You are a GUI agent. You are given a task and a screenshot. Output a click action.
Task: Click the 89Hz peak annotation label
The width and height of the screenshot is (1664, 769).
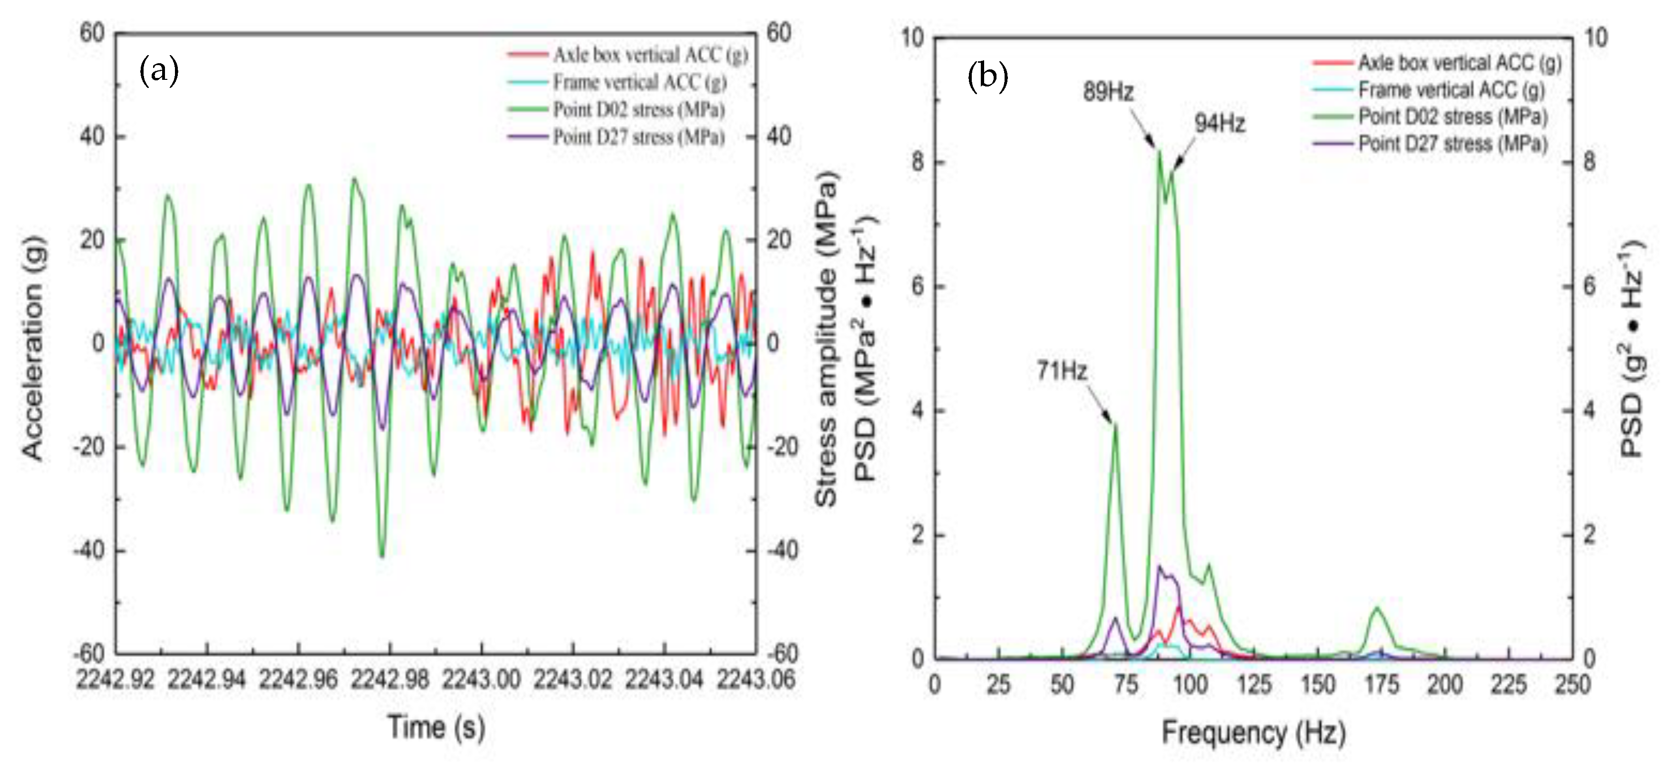click(x=1108, y=92)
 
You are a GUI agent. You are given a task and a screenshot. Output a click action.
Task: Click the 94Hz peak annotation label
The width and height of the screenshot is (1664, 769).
click(x=1219, y=123)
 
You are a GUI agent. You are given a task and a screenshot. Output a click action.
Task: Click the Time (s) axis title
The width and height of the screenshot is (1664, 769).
click(x=436, y=727)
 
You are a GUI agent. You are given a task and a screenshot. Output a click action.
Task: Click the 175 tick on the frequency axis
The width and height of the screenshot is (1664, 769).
click(x=1381, y=684)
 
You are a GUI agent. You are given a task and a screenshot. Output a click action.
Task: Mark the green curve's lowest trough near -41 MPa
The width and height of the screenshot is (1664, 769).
click(x=382, y=555)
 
